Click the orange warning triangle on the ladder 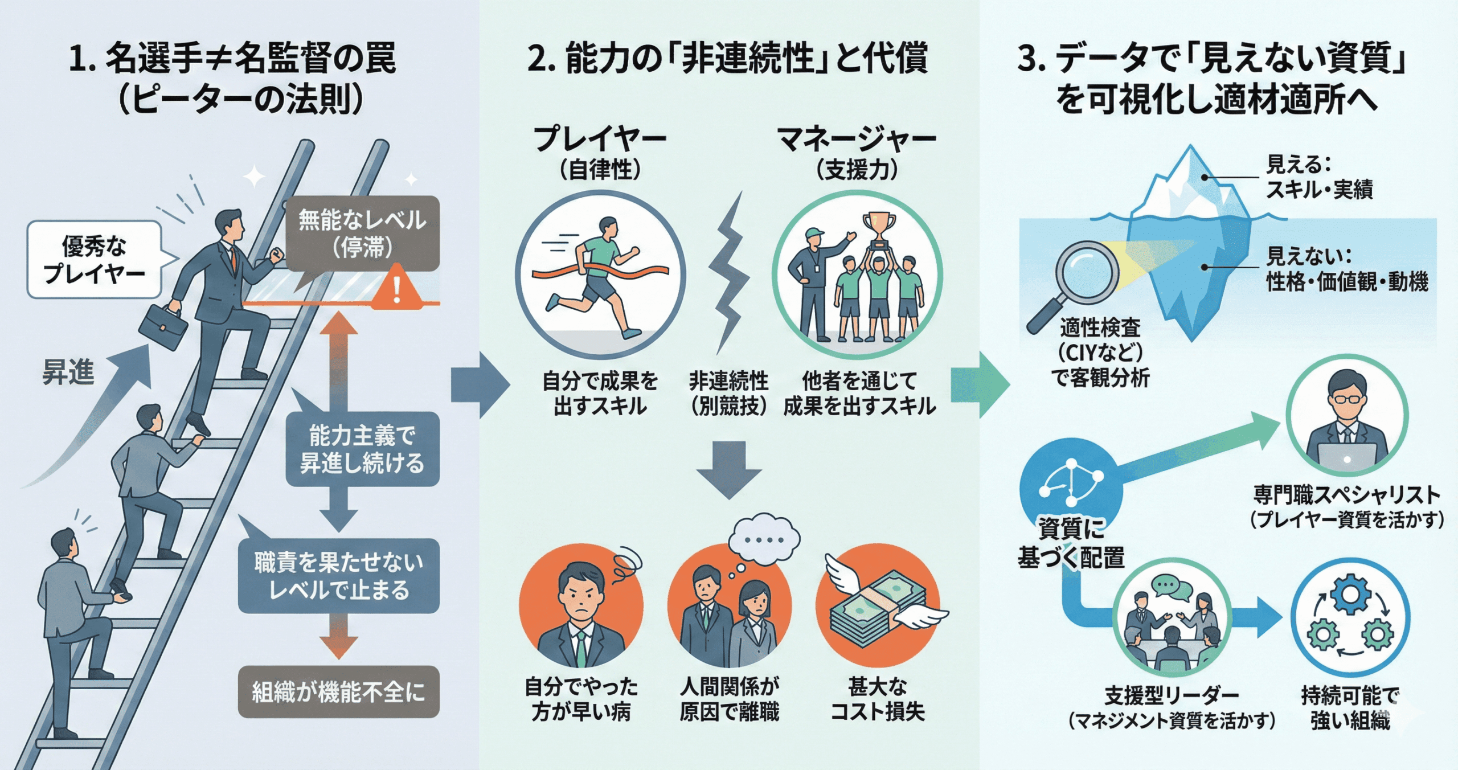pyautogui.click(x=397, y=288)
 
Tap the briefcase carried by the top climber pyautogui.click(x=163, y=327)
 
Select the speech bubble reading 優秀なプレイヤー pyautogui.click(x=95, y=260)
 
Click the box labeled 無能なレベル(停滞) pyautogui.click(x=362, y=234)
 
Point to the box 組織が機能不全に pyautogui.click(x=338, y=692)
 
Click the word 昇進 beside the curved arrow pyautogui.click(x=68, y=373)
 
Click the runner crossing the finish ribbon pyautogui.click(x=598, y=273)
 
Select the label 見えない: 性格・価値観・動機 pyautogui.click(x=1346, y=269)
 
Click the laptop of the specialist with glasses pyautogui.click(x=1347, y=458)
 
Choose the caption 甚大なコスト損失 pyautogui.click(x=878, y=699)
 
